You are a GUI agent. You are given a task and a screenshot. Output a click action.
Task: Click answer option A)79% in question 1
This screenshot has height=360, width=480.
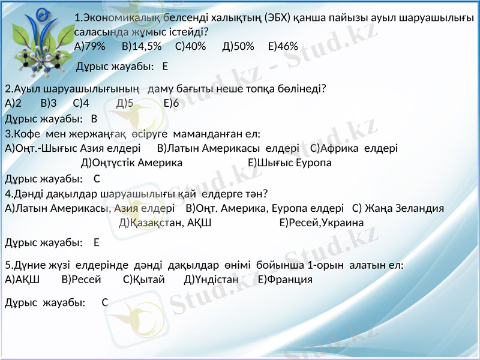tap(90, 46)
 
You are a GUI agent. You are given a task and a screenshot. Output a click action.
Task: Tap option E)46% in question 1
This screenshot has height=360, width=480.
tap(283, 46)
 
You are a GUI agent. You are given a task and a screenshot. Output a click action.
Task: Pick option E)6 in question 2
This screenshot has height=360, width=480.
tap(171, 103)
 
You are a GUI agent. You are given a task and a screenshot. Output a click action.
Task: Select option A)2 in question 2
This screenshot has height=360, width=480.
tap(13, 103)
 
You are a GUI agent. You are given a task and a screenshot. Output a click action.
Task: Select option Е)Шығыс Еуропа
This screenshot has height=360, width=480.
tap(290, 163)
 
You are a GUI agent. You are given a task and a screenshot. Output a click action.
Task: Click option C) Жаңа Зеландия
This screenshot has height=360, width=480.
tap(398, 208)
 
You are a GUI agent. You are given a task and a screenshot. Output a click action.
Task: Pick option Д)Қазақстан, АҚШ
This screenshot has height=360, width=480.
tap(165, 223)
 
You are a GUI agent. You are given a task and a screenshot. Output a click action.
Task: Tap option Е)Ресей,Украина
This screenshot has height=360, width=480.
tap(322, 223)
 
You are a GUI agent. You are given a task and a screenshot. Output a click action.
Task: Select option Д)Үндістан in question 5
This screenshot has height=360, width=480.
tap(212, 279)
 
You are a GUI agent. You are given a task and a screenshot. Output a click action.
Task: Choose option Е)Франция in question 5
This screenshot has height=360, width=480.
tap(284, 279)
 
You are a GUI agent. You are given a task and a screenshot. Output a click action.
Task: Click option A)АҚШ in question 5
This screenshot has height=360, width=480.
tap(22, 279)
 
